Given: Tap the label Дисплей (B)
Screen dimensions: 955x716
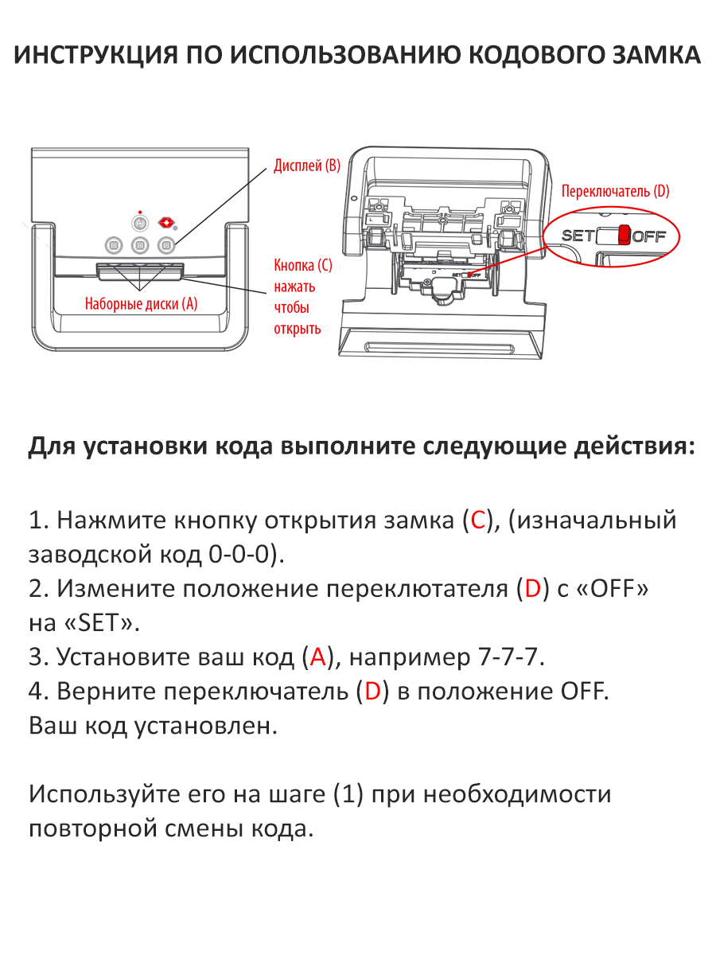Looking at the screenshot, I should (307, 166).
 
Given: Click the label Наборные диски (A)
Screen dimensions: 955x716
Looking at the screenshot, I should (141, 303).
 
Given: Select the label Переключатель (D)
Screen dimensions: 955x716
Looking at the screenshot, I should (615, 191).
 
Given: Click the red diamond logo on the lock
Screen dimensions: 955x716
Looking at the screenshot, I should (166, 222).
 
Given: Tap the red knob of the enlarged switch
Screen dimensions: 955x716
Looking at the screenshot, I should (624, 235).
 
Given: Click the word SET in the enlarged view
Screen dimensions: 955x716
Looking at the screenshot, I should (578, 236).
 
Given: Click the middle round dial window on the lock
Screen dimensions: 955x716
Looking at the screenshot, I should (140, 245).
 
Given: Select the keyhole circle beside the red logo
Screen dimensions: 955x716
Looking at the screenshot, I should (140, 224).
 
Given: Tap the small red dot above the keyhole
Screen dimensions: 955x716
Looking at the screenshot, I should (140, 212).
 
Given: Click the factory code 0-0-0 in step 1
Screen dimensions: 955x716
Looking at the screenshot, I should (236, 555).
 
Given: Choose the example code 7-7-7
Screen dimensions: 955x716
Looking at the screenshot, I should (512, 657).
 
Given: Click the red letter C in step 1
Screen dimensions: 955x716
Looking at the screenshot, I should (477, 520).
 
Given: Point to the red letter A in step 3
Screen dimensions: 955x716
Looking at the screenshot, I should (318, 657).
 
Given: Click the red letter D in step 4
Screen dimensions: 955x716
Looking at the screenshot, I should (372, 692).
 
